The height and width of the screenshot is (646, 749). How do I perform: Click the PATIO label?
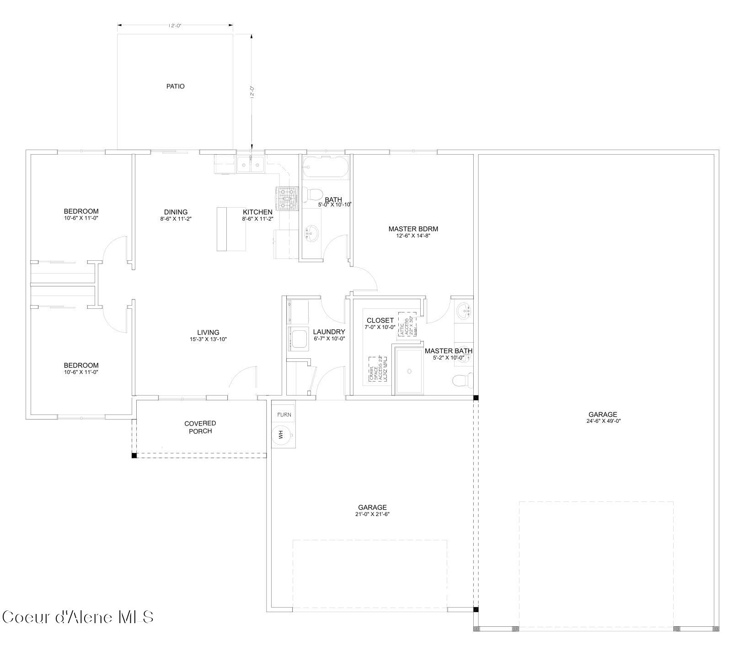point(175,86)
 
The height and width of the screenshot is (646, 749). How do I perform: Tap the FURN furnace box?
point(284,415)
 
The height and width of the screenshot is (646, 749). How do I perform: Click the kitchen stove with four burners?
point(287,199)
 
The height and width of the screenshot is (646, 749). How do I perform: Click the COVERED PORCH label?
point(200,427)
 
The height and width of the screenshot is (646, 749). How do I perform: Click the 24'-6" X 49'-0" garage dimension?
point(603,421)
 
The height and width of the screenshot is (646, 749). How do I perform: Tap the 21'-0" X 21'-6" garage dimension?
point(372,514)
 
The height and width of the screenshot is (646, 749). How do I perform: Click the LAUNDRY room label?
point(329,332)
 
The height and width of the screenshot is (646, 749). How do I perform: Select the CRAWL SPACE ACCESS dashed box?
point(378,369)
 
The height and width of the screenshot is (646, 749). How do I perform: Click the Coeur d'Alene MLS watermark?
point(77,617)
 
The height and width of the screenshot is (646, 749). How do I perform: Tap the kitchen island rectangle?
point(231,229)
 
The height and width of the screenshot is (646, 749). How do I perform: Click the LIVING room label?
point(208,333)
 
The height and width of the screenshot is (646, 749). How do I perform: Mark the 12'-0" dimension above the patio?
point(175,26)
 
